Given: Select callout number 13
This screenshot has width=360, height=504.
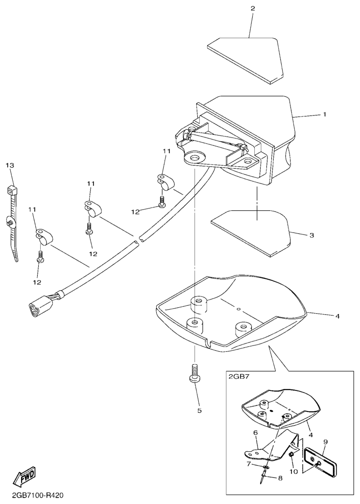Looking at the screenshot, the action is tap(10, 165).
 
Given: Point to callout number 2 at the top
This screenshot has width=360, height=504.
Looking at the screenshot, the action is tap(253, 8).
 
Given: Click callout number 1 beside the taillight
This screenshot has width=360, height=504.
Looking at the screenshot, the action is tap(325, 114).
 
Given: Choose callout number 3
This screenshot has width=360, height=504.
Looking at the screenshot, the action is tap(312, 235).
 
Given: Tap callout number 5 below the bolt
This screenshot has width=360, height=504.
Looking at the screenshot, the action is tap(199, 411).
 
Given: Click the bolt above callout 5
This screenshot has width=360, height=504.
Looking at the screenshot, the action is tap(194, 373).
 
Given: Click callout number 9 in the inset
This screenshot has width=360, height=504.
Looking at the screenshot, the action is tap(326, 442).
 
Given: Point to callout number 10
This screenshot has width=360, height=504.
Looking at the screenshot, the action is tap(294, 472).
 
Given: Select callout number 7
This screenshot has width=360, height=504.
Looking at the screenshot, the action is tap(248, 464).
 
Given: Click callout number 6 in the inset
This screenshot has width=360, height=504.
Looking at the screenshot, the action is tap(256, 433).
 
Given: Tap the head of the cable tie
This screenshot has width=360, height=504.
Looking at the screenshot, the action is tap(12, 191).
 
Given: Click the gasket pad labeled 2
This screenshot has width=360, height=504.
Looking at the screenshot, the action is tap(246, 60).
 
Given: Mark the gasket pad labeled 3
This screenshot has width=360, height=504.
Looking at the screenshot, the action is tap(251, 233).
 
